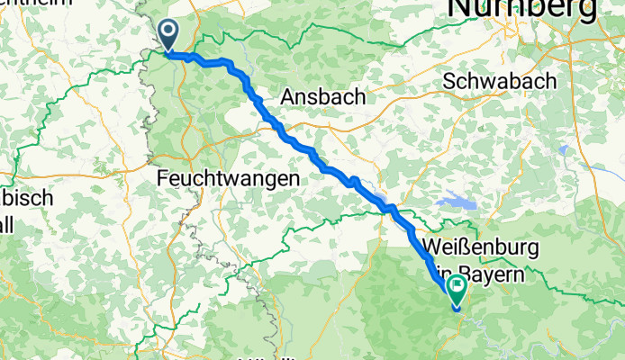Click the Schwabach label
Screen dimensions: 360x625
pos(501,80)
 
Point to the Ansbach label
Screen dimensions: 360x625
pos(323,96)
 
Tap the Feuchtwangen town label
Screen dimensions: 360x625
pos(227,179)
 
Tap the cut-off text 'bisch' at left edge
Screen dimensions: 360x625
pos(27,198)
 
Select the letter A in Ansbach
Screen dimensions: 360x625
pos(288,96)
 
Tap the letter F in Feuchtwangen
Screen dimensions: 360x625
pos(163,179)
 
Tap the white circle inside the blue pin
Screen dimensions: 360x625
pos(168,31)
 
